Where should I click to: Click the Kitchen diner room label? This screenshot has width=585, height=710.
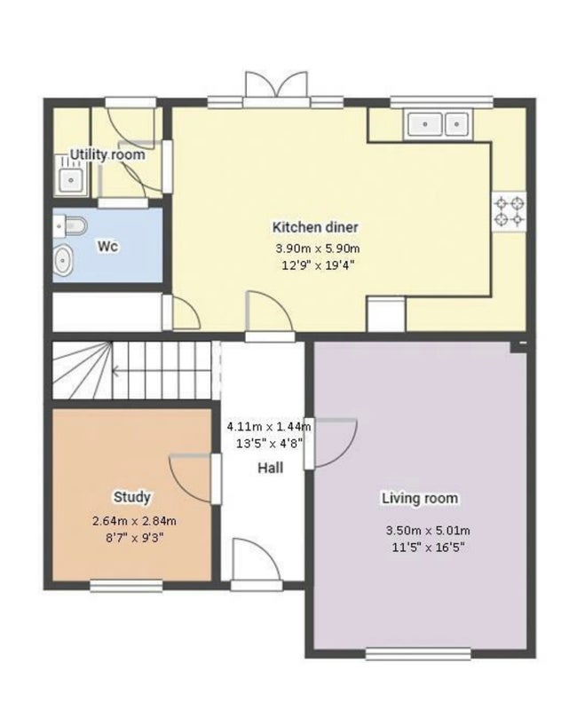point(315,227)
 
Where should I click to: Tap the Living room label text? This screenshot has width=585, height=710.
point(420,498)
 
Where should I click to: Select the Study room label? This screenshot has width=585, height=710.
point(131,497)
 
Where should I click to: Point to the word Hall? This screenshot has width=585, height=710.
point(271,468)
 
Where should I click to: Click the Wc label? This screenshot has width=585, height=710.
point(107,247)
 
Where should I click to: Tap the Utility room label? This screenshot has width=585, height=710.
point(107,154)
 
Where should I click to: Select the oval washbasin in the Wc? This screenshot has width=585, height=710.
point(63,260)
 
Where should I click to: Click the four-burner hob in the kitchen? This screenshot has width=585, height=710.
point(510,212)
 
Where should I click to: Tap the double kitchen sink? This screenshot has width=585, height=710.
point(439,124)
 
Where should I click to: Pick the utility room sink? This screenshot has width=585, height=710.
point(71,180)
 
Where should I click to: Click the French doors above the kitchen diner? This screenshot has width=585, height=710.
point(276,90)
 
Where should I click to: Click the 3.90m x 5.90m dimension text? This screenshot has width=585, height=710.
point(318,248)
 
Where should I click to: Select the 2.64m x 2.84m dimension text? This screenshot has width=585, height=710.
point(134,521)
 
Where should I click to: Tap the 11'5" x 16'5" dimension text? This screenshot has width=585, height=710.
point(429,548)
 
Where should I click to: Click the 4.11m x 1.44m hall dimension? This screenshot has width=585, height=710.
point(269,426)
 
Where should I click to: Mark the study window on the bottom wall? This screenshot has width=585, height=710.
point(126,586)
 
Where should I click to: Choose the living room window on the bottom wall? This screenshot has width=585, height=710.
point(418,654)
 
